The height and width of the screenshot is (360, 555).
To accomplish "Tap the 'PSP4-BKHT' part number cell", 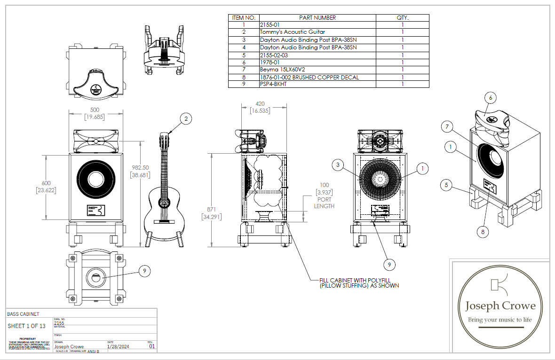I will (273, 85).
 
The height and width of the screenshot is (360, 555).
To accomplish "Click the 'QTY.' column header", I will (403, 17).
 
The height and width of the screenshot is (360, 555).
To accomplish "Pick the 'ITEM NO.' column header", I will (244, 17).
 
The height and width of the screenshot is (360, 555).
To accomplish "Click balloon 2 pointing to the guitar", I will (186, 119).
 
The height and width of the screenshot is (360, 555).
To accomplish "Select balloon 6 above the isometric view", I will (490, 98).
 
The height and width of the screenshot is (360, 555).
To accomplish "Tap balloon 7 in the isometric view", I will (448, 126).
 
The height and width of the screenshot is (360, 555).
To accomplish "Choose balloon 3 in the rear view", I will (337, 164).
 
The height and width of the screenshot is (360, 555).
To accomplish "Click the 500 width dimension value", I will (94, 110).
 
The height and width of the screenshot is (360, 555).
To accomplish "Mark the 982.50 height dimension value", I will (141, 167).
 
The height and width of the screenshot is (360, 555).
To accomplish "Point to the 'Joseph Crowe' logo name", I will (500, 306).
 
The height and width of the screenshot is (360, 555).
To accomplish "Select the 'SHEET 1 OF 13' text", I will (27, 326).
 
